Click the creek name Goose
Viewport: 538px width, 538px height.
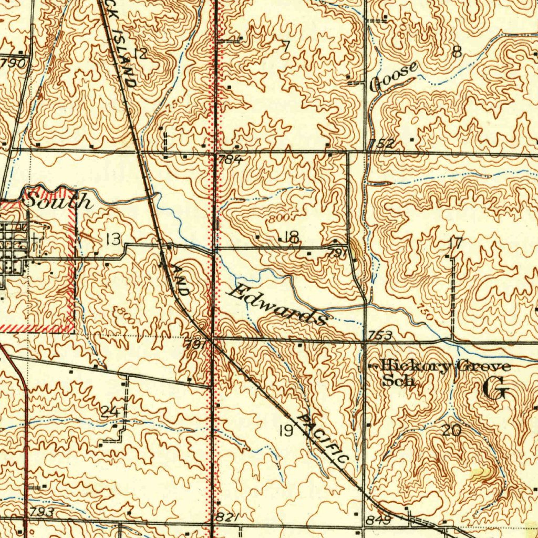[394, 77]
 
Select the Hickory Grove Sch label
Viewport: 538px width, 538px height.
[444, 373]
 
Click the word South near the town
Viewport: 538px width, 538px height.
[58, 201]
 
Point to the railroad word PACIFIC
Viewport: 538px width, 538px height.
[323, 439]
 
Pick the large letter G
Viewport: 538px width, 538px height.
[494, 389]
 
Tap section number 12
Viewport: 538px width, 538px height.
[140, 54]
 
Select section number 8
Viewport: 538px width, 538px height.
[457, 51]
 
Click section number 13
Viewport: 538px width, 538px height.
[113, 240]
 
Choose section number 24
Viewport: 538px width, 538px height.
[109, 411]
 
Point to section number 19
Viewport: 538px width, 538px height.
[286, 431]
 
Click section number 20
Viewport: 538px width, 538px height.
[451, 431]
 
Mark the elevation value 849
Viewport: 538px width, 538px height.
[379, 520]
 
